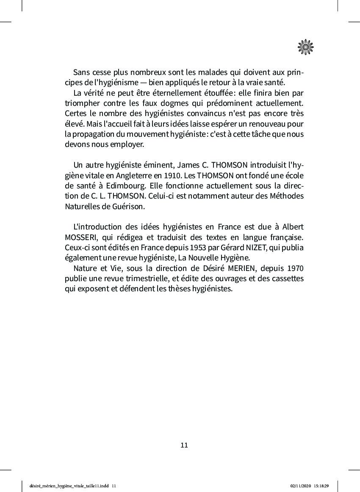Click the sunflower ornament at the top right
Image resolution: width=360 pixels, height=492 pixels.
point(305,47)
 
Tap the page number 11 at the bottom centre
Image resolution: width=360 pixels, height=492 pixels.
point(184,445)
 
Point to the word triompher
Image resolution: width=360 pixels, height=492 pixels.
point(82,103)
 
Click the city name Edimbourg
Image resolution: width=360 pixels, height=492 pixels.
point(121,186)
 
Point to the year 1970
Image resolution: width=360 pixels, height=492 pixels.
point(295,268)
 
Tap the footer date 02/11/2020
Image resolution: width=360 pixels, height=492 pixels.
point(300,486)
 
